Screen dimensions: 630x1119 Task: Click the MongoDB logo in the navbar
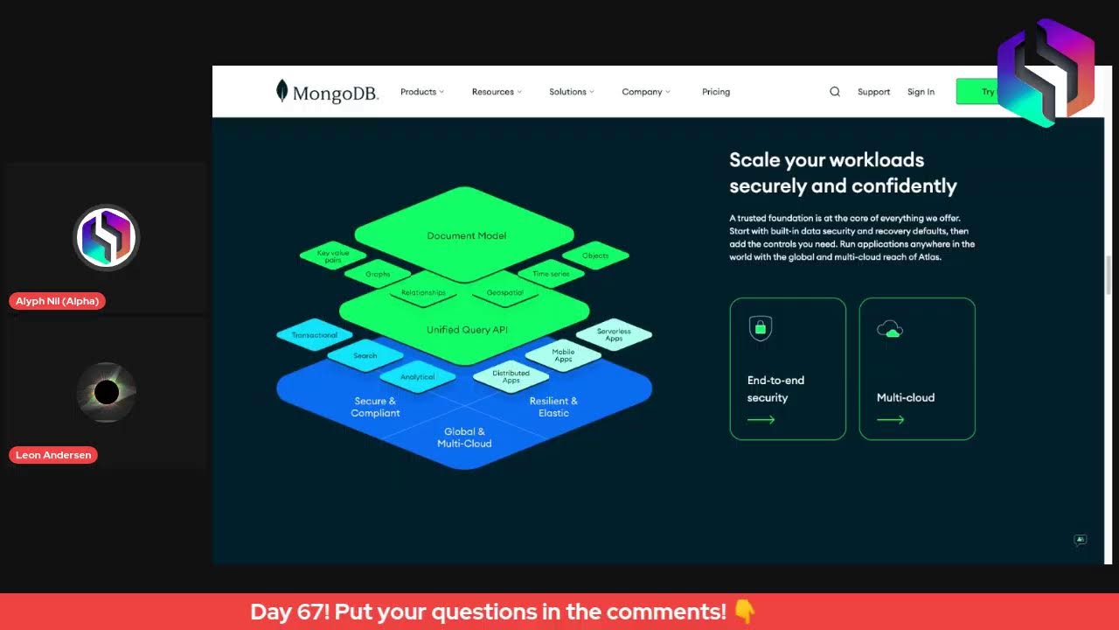[x=327, y=92]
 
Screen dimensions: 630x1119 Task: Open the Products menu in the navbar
[x=421, y=92]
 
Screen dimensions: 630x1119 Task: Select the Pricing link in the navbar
[x=715, y=92]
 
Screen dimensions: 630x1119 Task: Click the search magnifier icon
[x=835, y=92]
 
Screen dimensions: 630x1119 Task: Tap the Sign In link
[x=921, y=92]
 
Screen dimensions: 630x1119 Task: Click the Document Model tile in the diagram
[x=466, y=235]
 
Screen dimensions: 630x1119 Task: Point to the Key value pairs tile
[x=333, y=256]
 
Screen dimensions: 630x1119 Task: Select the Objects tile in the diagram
[x=595, y=255]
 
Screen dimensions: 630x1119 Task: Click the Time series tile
[x=551, y=274]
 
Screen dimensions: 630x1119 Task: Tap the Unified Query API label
[x=466, y=330]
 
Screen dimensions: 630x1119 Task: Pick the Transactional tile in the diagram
[x=315, y=335]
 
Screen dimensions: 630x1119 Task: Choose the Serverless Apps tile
[x=614, y=334]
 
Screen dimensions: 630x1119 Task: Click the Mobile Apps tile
[x=563, y=355]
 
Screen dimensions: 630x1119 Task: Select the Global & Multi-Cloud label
[x=464, y=437]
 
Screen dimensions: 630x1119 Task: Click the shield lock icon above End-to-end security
[x=761, y=328]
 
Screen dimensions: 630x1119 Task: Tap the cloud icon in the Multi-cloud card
[x=890, y=329]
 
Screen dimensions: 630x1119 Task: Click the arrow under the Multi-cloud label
[x=890, y=420]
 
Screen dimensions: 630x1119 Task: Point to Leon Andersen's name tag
[x=53, y=455]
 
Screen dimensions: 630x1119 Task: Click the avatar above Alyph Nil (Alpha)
[x=107, y=237]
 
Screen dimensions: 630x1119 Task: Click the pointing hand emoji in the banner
[x=744, y=612]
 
